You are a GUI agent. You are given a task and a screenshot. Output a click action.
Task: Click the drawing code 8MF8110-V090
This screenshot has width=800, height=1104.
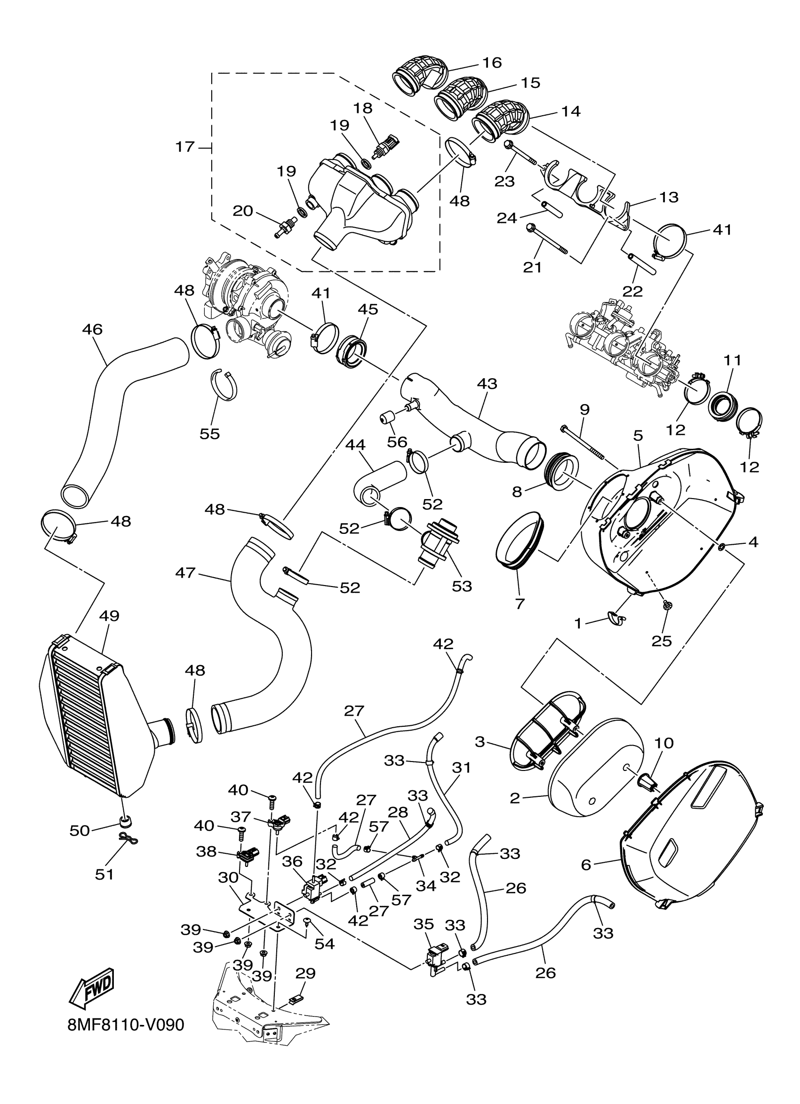126,1038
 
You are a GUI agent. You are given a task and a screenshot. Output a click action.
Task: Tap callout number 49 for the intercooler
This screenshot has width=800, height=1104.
109,616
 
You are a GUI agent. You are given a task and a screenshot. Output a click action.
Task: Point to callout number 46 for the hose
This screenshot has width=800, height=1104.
92,330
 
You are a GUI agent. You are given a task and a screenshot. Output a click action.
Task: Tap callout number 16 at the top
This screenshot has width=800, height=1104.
492,63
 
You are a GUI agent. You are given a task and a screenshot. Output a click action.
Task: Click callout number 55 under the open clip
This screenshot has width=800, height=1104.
210,433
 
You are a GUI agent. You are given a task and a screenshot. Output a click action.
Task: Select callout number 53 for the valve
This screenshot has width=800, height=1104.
462,586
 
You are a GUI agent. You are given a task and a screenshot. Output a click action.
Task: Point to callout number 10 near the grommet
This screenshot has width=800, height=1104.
664,743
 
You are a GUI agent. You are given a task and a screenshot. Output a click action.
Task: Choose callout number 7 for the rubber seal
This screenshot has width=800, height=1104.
520,604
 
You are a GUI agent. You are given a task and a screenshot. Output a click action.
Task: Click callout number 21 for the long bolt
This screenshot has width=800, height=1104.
532,267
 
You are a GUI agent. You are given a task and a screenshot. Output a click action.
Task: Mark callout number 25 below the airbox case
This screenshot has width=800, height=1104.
661,641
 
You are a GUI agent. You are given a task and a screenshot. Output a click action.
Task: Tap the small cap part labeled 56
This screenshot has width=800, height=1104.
388,418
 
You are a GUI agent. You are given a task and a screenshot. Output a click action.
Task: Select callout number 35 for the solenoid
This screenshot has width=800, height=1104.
424,924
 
